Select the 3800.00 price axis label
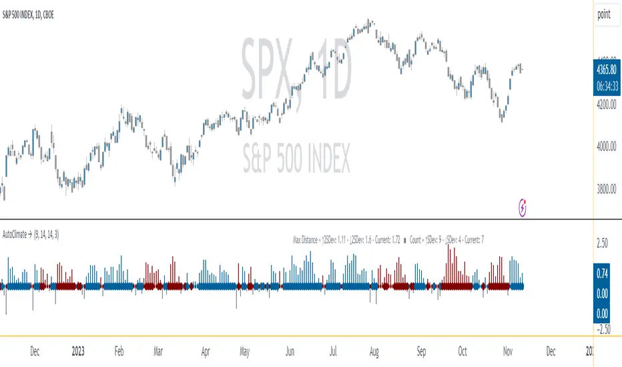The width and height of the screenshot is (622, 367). (607, 190)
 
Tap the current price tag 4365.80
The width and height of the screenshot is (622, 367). (607, 67)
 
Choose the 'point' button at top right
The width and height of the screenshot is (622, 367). (605, 13)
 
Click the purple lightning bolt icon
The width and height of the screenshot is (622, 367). (524, 209)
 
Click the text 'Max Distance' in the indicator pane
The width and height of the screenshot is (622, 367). (306, 238)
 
